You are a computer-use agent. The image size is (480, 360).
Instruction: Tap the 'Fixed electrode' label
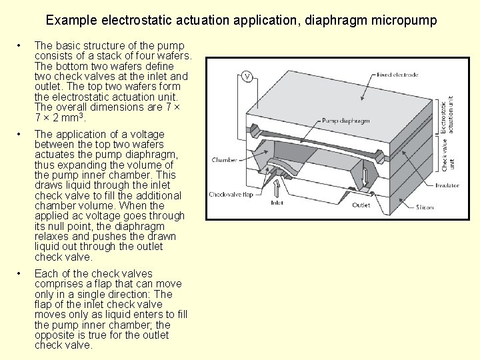coord(397,75)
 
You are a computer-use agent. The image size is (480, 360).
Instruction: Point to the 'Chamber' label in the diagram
coord(224,160)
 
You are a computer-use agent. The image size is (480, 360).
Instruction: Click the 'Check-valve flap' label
coord(230,195)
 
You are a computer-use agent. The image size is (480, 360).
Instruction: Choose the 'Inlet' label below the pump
coord(277,203)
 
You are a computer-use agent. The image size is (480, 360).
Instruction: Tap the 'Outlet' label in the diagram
coord(361,205)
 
